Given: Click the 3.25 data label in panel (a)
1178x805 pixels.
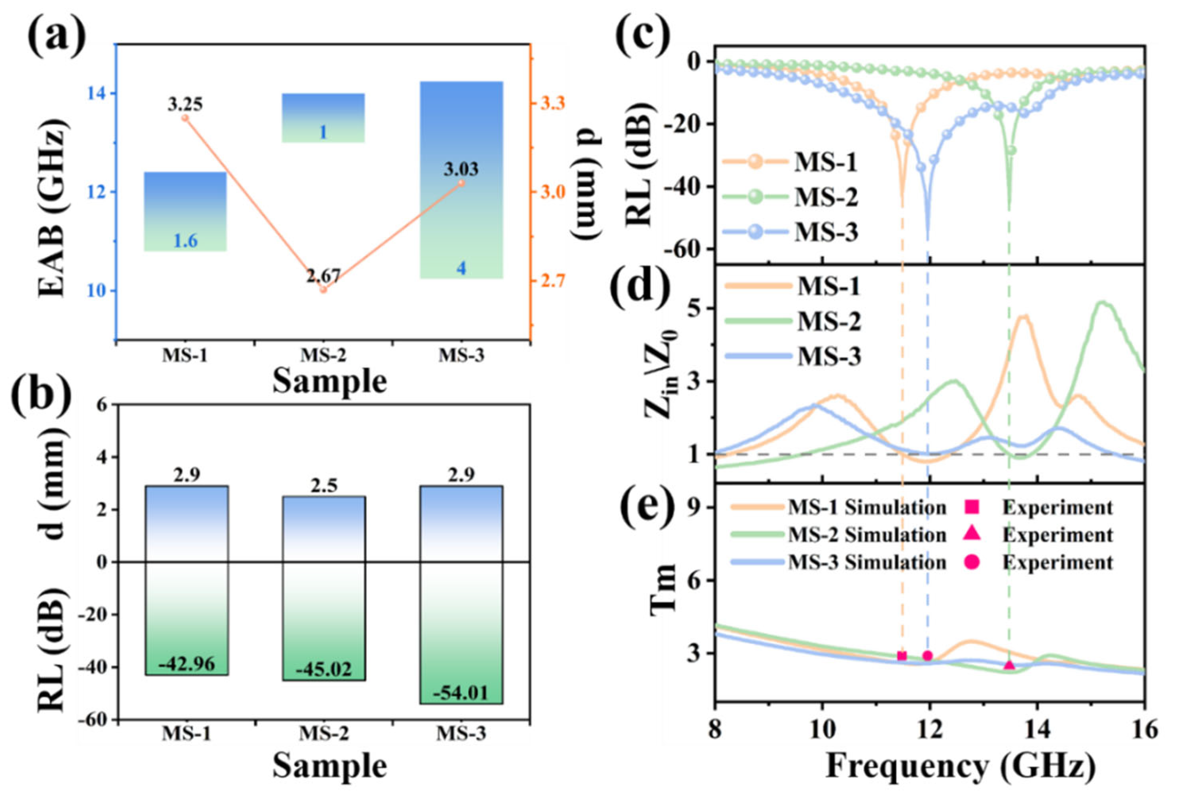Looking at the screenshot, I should pos(185,105).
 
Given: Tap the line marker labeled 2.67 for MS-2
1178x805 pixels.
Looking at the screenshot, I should pos(323,289).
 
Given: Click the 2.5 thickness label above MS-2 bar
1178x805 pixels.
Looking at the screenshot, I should pos(323,486).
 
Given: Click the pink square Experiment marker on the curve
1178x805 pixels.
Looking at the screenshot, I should pos(902,656).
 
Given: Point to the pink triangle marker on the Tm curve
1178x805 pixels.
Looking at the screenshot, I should pos(1009,665).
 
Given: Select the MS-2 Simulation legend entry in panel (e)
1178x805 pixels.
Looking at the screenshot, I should pos(867,535).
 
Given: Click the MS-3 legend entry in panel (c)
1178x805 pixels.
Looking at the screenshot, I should pos(826,233).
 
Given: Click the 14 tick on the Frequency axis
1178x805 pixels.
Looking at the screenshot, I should pos(1037,731).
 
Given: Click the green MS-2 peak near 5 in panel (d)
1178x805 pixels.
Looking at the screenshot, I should pos(1102,303).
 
